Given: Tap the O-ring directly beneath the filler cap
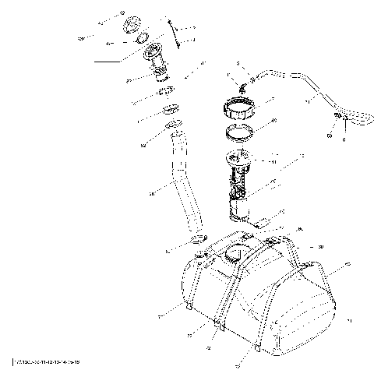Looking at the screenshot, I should pyautogui.click(x=143, y=38).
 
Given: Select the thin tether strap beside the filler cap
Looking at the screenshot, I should pyautogui.click(x=175, y=35).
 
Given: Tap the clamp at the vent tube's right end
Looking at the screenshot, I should pyautogui.click(x=341, y=116).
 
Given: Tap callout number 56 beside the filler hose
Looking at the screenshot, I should pyautogui.click(x=149, y=192).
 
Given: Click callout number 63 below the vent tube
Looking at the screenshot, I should pyautogui.click(x=330, y=135).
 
